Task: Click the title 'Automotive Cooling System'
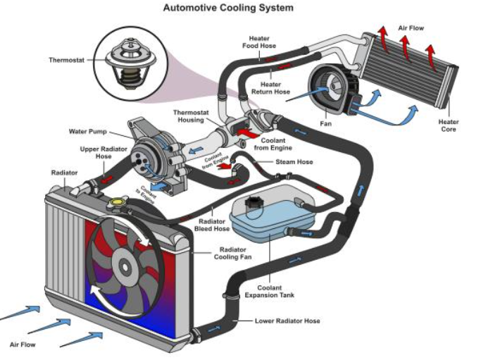228,8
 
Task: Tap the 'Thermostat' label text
66,60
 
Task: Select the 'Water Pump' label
88,131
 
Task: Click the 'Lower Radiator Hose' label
287,321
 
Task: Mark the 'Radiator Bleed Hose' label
212,223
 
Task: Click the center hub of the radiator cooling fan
125,266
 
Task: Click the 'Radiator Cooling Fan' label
233,254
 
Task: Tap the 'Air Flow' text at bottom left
23,345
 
